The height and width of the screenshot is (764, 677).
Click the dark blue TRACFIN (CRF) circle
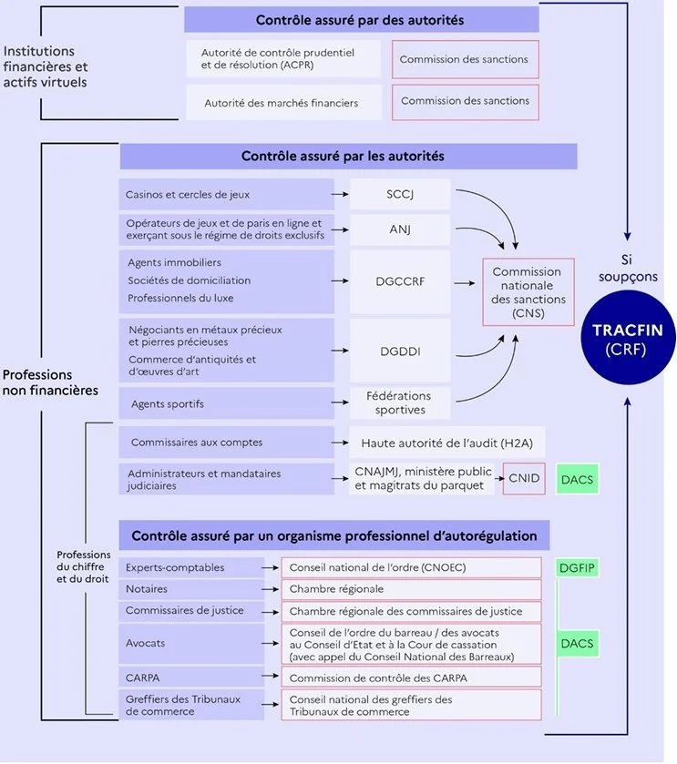(627, 338)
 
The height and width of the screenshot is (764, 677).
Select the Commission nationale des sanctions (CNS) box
(528, 291)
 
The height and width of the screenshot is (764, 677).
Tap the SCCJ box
(400, 194)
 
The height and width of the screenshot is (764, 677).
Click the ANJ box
(400, 229)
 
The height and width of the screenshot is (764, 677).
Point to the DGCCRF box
(400, 281)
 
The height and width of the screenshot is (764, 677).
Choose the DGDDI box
(400, 350)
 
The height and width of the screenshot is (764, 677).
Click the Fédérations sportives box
(400, 402)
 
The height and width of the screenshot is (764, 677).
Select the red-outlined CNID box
(524, 479)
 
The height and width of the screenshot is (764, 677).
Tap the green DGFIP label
(576, 567)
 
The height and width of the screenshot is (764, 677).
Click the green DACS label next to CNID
(576, 479)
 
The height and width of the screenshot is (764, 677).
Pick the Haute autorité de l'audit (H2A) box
(446, 443)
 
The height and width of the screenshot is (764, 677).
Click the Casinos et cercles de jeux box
(226, 194)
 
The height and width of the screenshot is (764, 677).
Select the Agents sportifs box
(226, 402)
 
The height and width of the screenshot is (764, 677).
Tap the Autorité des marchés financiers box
(282, 103)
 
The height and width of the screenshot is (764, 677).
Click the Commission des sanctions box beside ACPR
(464, 59)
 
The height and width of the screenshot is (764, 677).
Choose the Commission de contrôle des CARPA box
(411, 677)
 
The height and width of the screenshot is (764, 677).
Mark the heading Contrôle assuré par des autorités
(360, 19)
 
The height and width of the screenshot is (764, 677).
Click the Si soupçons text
(627, 267)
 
